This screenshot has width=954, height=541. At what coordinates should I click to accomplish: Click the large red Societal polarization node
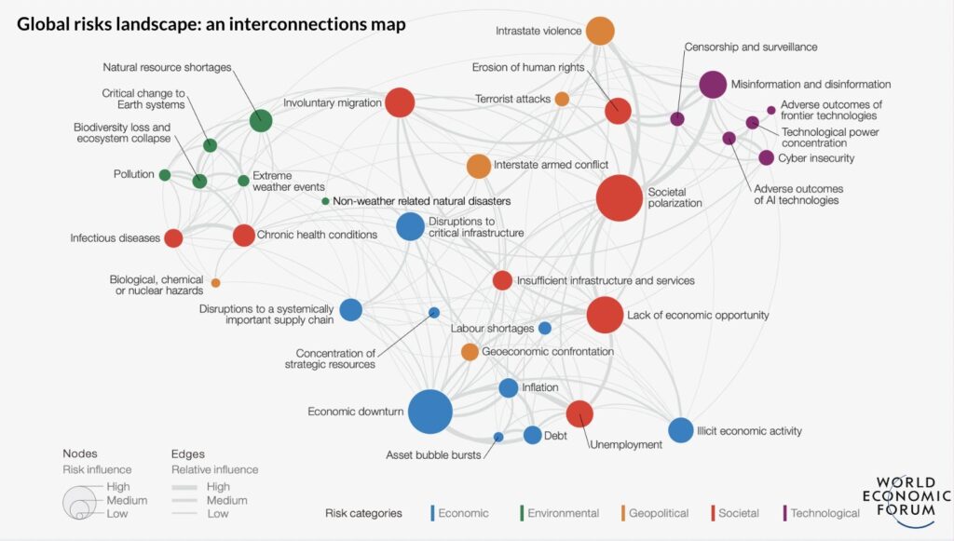pos(620,197)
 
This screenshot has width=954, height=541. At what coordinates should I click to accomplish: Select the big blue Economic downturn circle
pos(429,412)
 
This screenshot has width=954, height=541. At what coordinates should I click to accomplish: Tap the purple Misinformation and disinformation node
pos(713,85)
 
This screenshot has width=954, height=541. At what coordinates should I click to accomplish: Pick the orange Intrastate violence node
pos(601,31)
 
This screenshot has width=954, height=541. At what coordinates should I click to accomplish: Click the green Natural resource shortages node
pos(262,120)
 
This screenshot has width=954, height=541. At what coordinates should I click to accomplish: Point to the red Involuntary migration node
pos(400,102)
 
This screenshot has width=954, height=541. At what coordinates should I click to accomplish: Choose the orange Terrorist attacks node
pos(562,99)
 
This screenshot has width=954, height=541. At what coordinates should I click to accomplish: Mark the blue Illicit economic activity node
pos(681,430)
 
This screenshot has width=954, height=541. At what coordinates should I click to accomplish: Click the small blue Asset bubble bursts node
pos(498,437)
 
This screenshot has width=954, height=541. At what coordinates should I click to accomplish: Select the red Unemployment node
pos(579,413)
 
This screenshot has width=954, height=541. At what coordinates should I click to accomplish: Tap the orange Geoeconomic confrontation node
pos(470,352)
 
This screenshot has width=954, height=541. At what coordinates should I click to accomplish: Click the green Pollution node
pos(165,175)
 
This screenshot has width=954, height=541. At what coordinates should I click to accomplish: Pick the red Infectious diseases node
pos(173,237)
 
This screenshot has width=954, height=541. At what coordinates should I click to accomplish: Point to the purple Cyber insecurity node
pos(766,157)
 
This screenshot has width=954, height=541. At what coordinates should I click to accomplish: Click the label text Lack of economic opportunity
pos(698,315)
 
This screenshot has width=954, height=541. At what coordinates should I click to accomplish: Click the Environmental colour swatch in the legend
pos(520,512)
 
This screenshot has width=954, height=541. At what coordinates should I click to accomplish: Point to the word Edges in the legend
pos(188,453)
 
